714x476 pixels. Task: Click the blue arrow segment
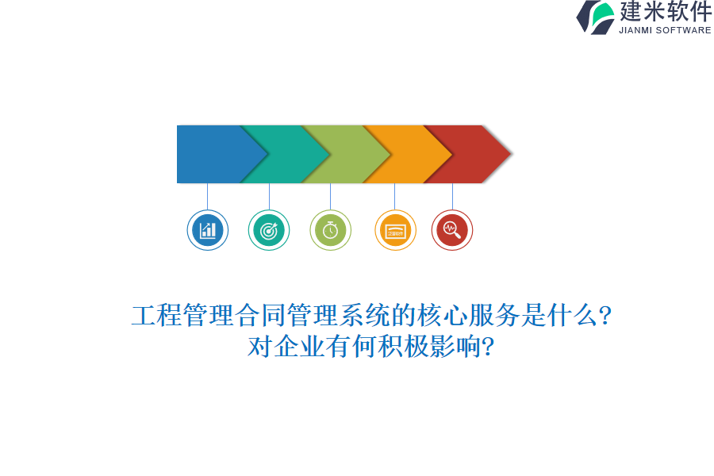point(210,154)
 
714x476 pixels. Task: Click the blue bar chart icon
point(208,230)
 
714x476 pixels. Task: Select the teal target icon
point(269,230)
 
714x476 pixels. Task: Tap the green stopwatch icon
point(330,230)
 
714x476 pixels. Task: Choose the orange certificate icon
point(395,230)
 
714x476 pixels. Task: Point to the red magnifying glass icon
point(452,230)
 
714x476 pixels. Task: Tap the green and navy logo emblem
point(596,17)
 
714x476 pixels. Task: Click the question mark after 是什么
point(605,317)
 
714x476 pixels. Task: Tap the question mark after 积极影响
point(489,347)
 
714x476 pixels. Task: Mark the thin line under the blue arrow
point(208,196)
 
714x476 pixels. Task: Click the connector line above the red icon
point(452,196)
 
